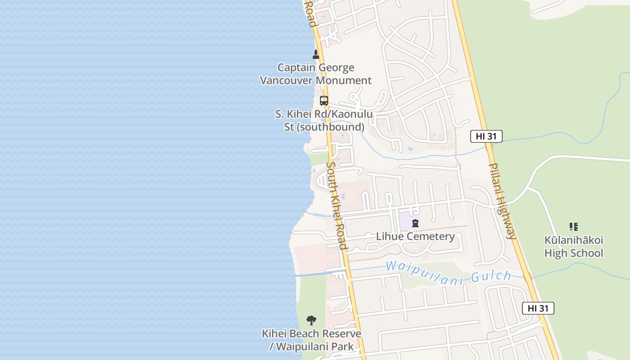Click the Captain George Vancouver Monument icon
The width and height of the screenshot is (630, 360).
point(316,54)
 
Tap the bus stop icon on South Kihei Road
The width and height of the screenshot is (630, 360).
point(324,101)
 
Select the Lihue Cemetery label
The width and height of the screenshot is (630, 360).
point(415,236)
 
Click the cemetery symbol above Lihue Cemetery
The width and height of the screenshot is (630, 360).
point(415,223)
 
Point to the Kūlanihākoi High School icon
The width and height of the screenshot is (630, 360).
point(573,226)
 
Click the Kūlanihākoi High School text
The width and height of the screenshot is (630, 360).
point(573,247)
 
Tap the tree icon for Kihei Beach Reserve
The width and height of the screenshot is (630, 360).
point(311,320)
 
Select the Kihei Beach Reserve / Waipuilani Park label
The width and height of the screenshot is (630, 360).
point(311,340)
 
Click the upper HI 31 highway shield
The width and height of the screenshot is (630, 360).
point(486,136)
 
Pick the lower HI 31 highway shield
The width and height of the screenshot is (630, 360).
point(538,308)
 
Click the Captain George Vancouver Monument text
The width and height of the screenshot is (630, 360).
point(316,74)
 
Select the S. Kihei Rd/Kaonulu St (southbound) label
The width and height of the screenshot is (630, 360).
point(324,121)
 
